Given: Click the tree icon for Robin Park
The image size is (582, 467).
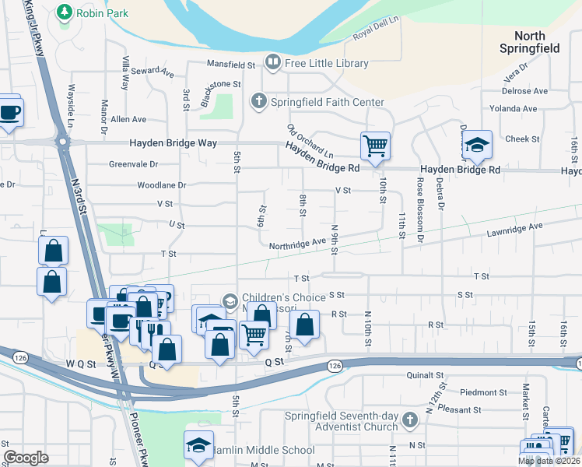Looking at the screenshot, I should click(x=65, y=12).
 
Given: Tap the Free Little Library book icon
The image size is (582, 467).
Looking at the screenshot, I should click(x=272, y=61).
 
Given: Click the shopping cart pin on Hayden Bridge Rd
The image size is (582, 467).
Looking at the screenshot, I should click(x=375, y=146).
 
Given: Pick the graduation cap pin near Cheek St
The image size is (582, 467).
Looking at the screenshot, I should click(x=476, y=146).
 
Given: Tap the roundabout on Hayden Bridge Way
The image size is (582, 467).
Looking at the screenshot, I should click(x=62, y=143).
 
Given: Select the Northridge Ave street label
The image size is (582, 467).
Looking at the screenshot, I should click(x=297, y=244).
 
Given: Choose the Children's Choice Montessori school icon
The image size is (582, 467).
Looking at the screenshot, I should click(x=230, y=300).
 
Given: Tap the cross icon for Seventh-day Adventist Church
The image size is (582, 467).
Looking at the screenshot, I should click(x=410, y=421).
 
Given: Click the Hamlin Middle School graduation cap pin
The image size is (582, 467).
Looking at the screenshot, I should click(x=198, y=445).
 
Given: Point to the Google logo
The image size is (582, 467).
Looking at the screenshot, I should click(x=26, y=458).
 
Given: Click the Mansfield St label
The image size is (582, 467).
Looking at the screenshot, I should click(x=231, y=65).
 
